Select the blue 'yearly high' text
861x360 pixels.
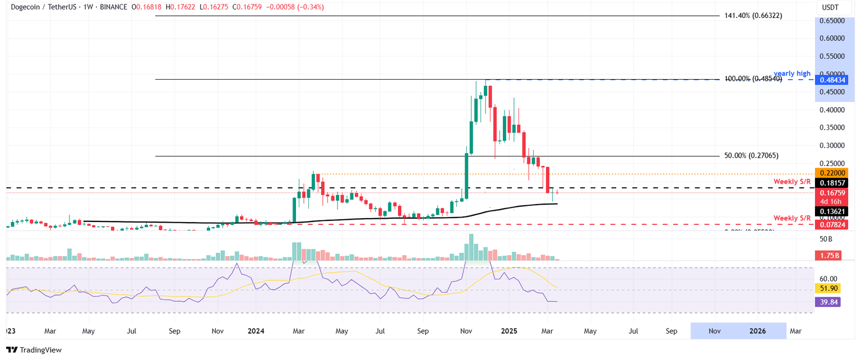click(x=792, y=73)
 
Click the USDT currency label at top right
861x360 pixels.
click(x=830, y=7)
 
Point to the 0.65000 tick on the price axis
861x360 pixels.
click(x=831, y=21)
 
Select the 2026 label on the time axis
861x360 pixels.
click(x=758, y=331)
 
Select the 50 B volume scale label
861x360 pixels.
click(x=826, y=239)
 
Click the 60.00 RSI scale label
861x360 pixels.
click(x=828, y=279)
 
